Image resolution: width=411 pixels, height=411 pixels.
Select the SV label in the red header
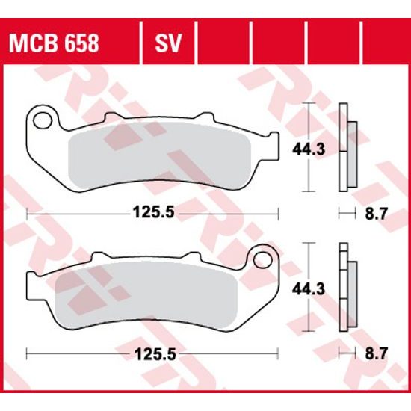167,43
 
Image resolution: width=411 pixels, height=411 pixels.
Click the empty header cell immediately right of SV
223,43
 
